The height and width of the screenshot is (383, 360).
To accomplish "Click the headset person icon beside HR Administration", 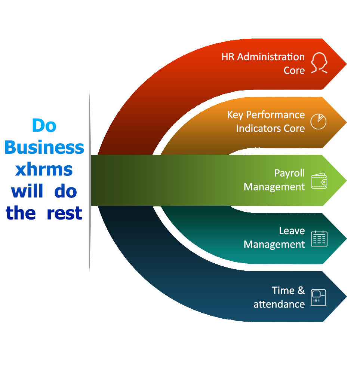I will [x=319, y=63].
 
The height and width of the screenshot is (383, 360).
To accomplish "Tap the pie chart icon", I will [x=319, y=121].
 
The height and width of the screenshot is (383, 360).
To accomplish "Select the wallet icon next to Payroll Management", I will [x=319, y=181].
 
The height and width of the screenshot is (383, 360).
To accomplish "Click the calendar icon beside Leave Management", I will [x=319, y=238].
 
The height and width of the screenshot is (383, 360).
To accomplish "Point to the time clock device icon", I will [x=319, y=297].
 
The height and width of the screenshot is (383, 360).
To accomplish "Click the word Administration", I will [x=271, y=57].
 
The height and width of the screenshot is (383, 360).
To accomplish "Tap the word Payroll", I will [x=290, y=174].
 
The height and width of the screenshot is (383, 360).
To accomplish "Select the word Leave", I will [x=292, y=231].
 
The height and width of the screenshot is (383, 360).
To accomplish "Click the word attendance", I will [x=279, y=304].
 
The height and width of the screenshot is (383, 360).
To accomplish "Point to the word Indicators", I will [x=258, y=128].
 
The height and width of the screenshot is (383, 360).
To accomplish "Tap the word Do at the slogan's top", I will [x=44, y=125].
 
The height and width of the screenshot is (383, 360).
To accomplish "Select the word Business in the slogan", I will [x=44, y=148].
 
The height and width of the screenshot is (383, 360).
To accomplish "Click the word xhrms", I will [x=44, y=170].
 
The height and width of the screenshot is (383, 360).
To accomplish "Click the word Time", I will [x=283, y=290].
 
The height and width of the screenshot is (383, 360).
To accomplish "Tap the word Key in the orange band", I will [x=235, y=115].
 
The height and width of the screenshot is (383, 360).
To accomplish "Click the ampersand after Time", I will [x=301, y=290].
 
